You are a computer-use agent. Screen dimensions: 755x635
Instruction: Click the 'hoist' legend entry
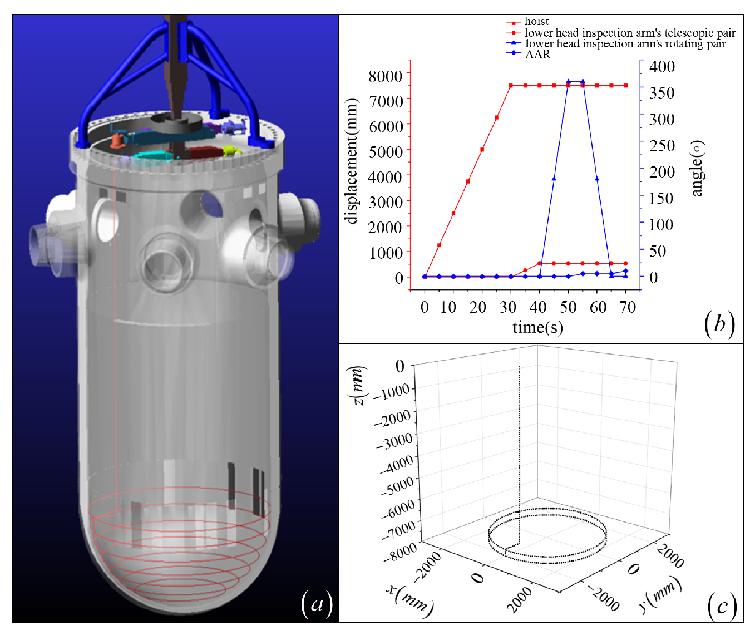[527, 22]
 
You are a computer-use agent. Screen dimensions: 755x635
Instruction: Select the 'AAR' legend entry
[529, 55]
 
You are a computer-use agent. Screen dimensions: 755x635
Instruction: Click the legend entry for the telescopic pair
[621, 33]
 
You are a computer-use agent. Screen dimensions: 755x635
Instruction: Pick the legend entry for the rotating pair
[616, 43]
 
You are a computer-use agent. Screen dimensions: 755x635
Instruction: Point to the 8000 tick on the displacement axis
[386, 76]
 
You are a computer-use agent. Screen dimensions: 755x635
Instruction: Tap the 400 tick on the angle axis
[662, 67]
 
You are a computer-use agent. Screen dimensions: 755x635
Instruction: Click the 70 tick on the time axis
[628, 307]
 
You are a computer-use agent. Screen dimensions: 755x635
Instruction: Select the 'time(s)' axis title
[537, 327]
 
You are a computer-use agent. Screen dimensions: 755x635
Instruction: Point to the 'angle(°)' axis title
[698, 168]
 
